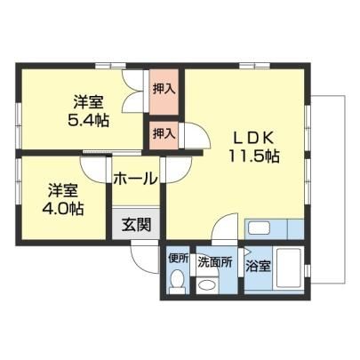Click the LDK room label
pyautogui.click(x=253, y=138)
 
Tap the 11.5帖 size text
pyautogui.click(x=253, y=156)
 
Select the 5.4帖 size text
pyautogui.click(x=88, y=120)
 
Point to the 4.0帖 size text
pyautogui.click(x=63, y=209)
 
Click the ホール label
pyautogui.click(x=135, y=179)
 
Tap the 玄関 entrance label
pyautogui.click(x=137, y=225)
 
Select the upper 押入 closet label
pyautogui.click(x=164, y=89)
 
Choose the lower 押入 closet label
pyautogui.click(x=164, y=133)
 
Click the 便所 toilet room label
pyautogui.click(x=179, y=259)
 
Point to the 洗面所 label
pyautogui.click(x=215, y=262)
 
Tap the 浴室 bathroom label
pyautogui.click(x=258, y=267)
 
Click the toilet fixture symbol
pyautogui.click(x=178, y=282)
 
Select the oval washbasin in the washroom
pyautogui.click(x=207, y=285)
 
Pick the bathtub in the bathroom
pyautogui.click(x=289, y=268)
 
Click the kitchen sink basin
pyautogui.click(x=259, y=228)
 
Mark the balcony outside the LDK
pyautogui.click(x=328, y=189)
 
